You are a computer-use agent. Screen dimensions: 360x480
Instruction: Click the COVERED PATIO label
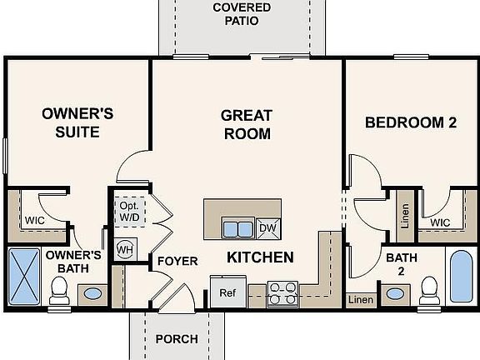(x=241, y=14)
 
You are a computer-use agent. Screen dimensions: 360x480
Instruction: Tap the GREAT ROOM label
(x=246, y=124)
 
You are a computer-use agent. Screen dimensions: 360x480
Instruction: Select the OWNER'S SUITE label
(x=71, y=122)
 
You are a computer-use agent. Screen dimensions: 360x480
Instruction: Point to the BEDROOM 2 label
(x=411, y=122)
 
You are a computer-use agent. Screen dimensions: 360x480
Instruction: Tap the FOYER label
(x=177, y=262)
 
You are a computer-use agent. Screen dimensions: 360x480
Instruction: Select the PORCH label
(x=177, y=339)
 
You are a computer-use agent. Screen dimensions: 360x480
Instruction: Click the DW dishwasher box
(x=267, y=227)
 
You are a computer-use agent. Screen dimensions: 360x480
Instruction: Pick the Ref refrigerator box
(x=227, y=292)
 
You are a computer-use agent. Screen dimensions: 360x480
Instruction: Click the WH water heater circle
(x=124, y=248)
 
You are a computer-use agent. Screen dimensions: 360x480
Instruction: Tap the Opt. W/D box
(x=129, y=212)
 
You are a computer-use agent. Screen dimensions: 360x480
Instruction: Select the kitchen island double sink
(x=238, y=227)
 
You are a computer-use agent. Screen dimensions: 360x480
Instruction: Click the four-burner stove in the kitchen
(x=283, y=293)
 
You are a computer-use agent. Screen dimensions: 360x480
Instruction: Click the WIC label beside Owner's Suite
(x=35, y=221)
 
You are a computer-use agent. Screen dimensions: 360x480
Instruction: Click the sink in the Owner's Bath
(x=92, y=294)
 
